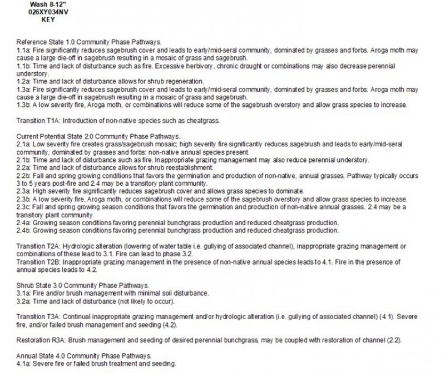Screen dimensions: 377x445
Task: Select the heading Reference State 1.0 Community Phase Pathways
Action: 89,42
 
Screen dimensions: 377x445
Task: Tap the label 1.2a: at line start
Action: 23,82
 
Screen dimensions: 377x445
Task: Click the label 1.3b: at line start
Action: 23,105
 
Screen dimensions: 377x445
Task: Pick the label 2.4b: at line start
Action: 23,230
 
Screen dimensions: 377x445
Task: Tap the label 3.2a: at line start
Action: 23,301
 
